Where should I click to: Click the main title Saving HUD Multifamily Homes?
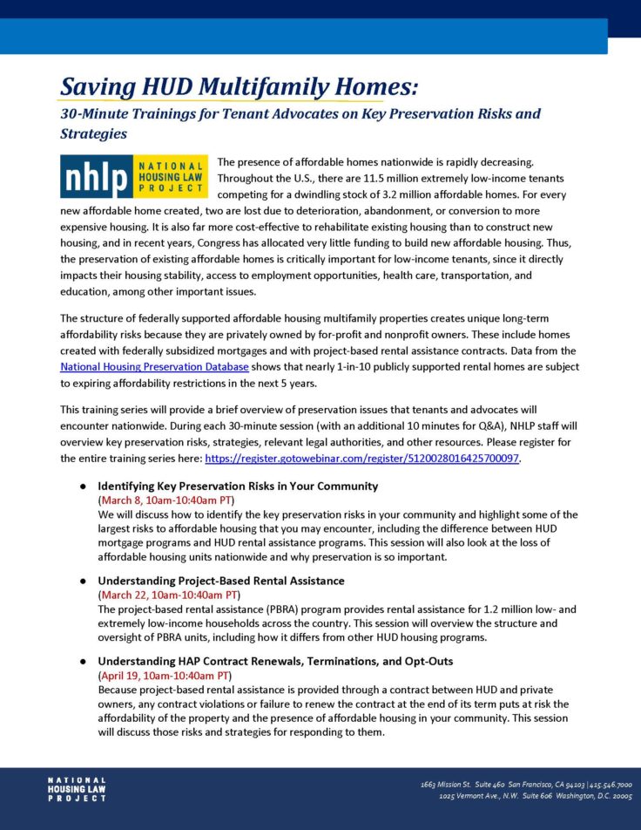point(239,87)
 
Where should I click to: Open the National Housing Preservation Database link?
point(154,367)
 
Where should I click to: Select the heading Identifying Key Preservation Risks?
point(237,486)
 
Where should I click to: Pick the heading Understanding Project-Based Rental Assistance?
point(220,581)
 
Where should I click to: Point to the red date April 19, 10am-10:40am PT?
point(165,676)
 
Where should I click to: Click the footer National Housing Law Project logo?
point(77,790)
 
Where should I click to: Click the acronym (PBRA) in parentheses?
point(260,609)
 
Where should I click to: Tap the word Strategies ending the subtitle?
point(93,134)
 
